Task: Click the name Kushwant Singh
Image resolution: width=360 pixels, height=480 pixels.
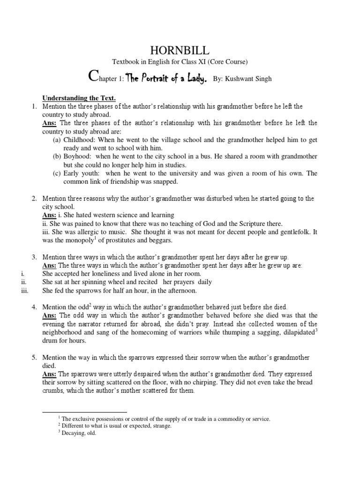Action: point(249,79)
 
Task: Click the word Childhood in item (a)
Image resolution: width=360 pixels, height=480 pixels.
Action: point(80,140)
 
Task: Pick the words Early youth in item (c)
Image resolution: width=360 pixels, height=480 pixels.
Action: point(82,173)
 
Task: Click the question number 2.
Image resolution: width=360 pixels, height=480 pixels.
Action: point(35,199)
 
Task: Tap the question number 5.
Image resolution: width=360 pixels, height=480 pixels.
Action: point(35,358)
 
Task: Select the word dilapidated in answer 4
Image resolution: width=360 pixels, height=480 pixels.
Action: point(291,333)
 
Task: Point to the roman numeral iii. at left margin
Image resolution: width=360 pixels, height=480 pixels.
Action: point(24,291)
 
